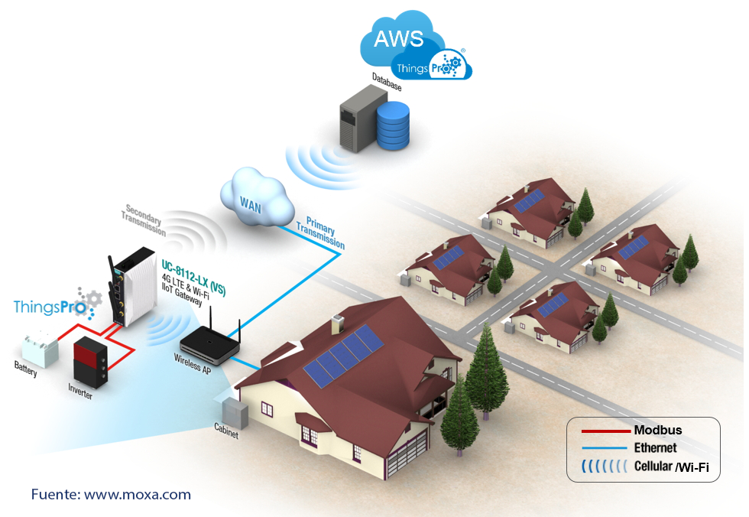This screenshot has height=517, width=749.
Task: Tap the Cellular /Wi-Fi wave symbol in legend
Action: tap(601, 466)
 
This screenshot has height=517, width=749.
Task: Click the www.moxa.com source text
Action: tap(138, 495)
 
